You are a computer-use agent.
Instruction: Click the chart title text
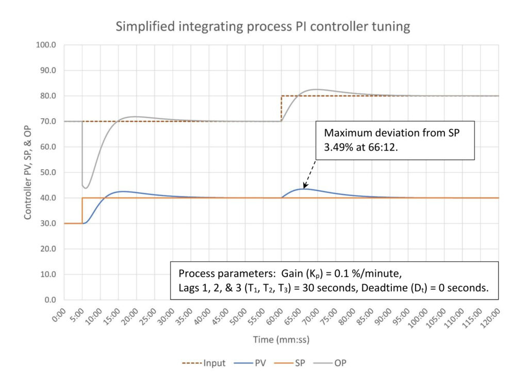pyautogui.click(x=263, y=27)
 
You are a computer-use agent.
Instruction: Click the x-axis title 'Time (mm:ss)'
pyautogui.click(x=281, y=339)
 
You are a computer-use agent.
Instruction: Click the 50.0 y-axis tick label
pyautogui.click(x=49, y=173)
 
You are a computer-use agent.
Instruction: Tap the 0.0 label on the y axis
pyautogui.click(x=52, y=300)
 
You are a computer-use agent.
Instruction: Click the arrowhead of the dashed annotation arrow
pyautogui.click(x=305, y=187)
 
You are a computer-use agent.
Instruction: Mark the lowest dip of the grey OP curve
pyautogui.click(x=86, y=188)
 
